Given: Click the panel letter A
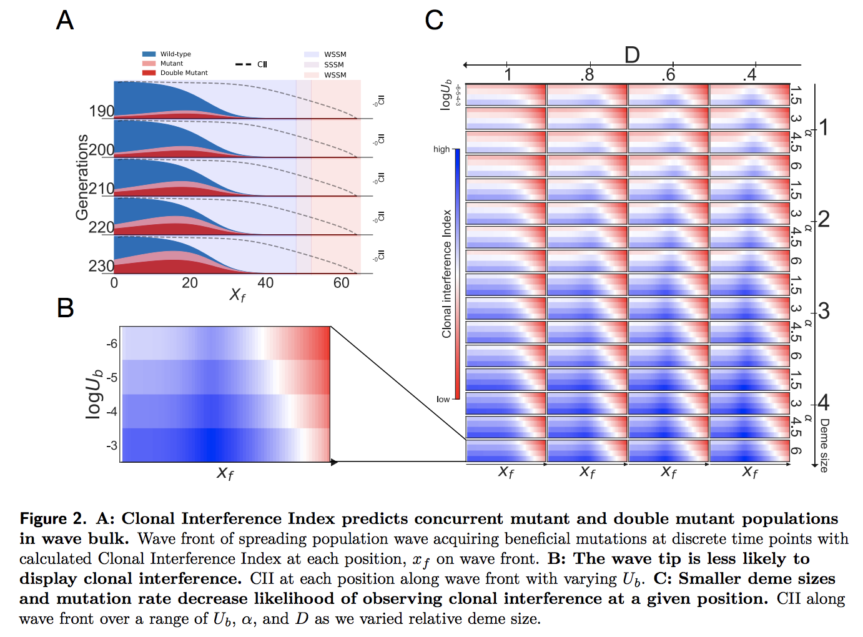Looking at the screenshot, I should tap(65, 21).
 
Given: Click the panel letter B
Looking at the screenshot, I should tap(66, 308).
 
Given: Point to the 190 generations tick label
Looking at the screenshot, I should tap(101, 111).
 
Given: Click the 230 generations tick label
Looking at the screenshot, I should tap(101, 266).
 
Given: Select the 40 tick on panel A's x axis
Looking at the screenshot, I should tap(265, 283).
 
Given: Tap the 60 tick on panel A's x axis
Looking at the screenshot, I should tap(341, 283).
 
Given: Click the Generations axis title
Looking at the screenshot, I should tap(82, 177).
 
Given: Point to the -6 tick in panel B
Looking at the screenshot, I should tap(112, 343).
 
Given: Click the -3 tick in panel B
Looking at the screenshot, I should tap(112, 445).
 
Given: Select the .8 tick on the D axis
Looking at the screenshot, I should tap(587, 75).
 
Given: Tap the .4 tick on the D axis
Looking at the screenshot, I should tap(750, 75).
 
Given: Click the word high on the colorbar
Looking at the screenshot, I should tap(441, 149).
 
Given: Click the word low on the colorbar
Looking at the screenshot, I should tap(443, 399).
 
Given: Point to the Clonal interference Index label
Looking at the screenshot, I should tap(446, 274).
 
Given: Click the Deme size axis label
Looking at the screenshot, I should tap(824, 445).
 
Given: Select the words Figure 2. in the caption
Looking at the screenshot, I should tap(53, 519).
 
